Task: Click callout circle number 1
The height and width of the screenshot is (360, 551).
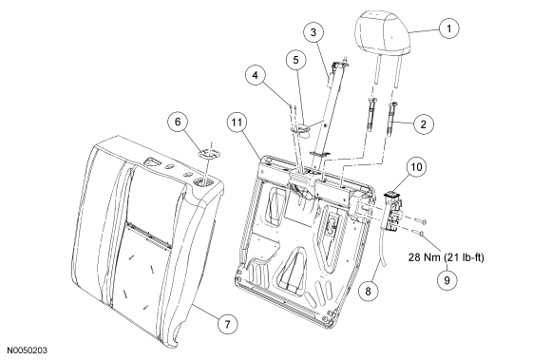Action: coord(448,28)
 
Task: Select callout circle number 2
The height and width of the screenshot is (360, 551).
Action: coord(424,124)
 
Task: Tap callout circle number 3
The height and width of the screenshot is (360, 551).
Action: coord(313,32)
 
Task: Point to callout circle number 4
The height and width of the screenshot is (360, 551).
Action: coord(256,75)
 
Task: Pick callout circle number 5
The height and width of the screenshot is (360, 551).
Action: coord(295,60)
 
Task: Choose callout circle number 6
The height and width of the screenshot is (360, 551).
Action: coord(178,122)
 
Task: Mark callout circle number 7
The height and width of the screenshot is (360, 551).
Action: coord(227,324)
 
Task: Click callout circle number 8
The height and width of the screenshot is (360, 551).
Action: coord(368,292)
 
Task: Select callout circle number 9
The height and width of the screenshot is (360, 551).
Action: coord(447,280)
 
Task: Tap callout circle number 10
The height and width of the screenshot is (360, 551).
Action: coord(416,167)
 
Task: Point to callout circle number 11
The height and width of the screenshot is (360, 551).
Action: coord(237,123)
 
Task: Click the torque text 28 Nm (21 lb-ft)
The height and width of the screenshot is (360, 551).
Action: coord(446,257)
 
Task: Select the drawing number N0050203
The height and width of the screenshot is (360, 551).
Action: coord(27,351)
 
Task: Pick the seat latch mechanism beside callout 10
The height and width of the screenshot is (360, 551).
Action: coord(393,212)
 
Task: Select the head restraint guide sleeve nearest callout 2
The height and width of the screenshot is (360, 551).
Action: coord(391,120)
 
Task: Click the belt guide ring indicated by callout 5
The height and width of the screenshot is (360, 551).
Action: coord(301,130)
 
